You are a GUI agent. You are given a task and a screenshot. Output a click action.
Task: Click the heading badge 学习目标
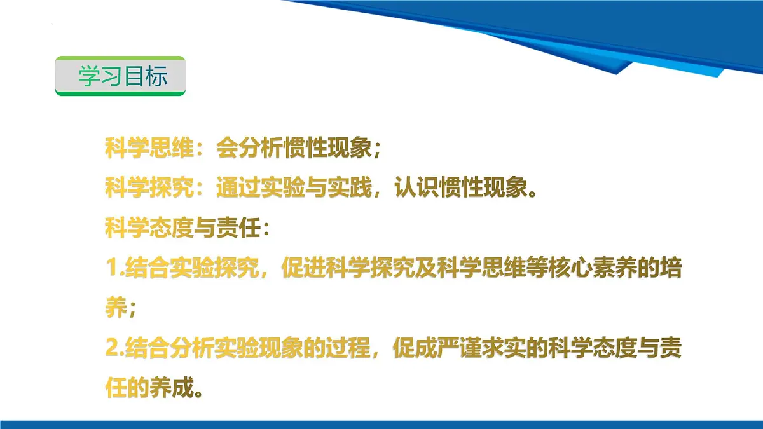click(x=121, y=76)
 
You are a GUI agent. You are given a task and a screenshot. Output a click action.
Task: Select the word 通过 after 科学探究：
click(x=237, y=187)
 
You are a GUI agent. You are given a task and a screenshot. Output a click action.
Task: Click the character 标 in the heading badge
click(x=156, y=76)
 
